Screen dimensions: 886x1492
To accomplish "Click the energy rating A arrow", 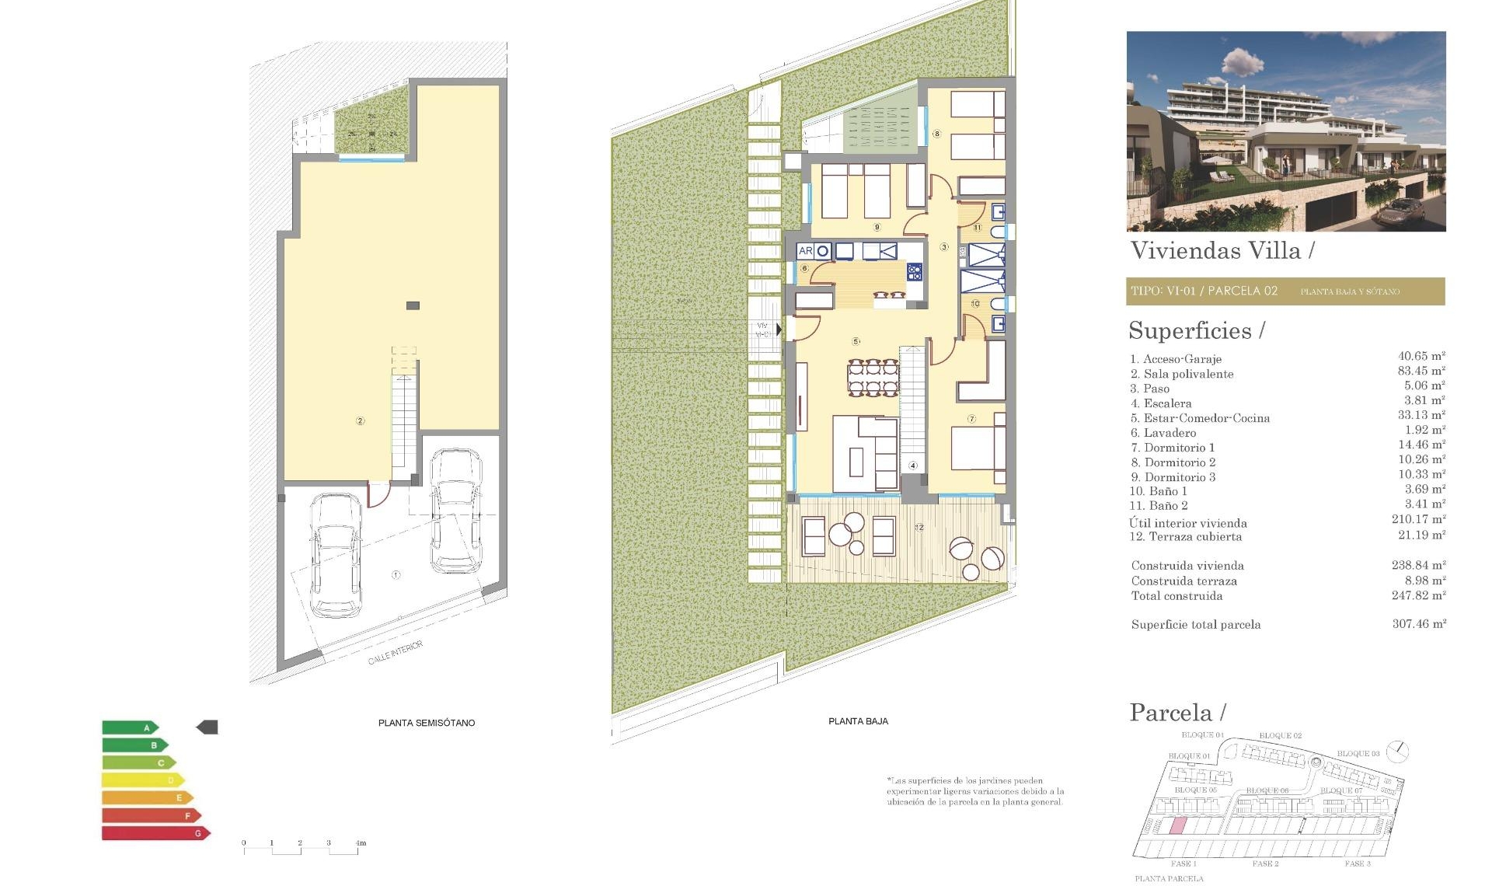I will tap(130, 728).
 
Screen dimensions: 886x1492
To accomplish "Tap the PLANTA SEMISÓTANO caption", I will tap(426, 723).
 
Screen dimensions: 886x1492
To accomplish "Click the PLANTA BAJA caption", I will tap(858, 721).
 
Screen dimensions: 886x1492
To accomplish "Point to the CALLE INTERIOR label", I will tap(396, 653).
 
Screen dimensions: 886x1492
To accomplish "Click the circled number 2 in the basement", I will tap(360, 420).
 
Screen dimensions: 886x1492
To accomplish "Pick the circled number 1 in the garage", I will tap(396, 575).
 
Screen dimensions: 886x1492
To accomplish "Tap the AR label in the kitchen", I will tap(805, 251).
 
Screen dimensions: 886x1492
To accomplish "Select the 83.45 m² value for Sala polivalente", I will tap(1421, 371).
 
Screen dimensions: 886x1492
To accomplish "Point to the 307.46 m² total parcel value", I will tap(1419, 623).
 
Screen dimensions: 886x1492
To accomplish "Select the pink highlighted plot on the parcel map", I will tap(1178, 826).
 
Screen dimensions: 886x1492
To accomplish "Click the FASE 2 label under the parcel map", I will tap(1265, 863).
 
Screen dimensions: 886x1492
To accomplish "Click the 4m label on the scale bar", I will tap(360, 842).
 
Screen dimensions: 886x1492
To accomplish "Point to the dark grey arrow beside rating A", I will tap(207, 727).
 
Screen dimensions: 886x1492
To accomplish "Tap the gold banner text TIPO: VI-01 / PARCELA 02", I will tap(1204, 291).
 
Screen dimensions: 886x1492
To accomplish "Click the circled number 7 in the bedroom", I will tap(971, 419).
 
